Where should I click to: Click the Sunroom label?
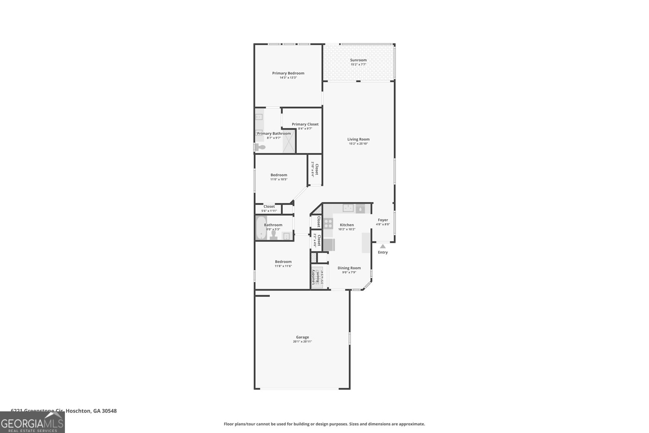pos(358,60)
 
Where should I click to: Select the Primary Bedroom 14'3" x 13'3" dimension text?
pos(288,78)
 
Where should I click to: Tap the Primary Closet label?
pos(305,124)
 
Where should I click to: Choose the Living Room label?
pos(358,139)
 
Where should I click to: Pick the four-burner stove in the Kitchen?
pos(328,223)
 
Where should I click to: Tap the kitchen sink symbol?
pos(348,209)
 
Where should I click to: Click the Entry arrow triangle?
pos(383,246)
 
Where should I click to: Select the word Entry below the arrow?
pos(383,252)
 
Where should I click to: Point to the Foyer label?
pos(383,220)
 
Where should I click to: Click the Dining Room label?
pos(349,268)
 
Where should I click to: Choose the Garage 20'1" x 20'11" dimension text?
pos(302,342)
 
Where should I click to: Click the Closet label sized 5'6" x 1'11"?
pos(269,207)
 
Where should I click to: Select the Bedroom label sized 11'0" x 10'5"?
pos(279,175)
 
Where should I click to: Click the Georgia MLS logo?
pos(32,423)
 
